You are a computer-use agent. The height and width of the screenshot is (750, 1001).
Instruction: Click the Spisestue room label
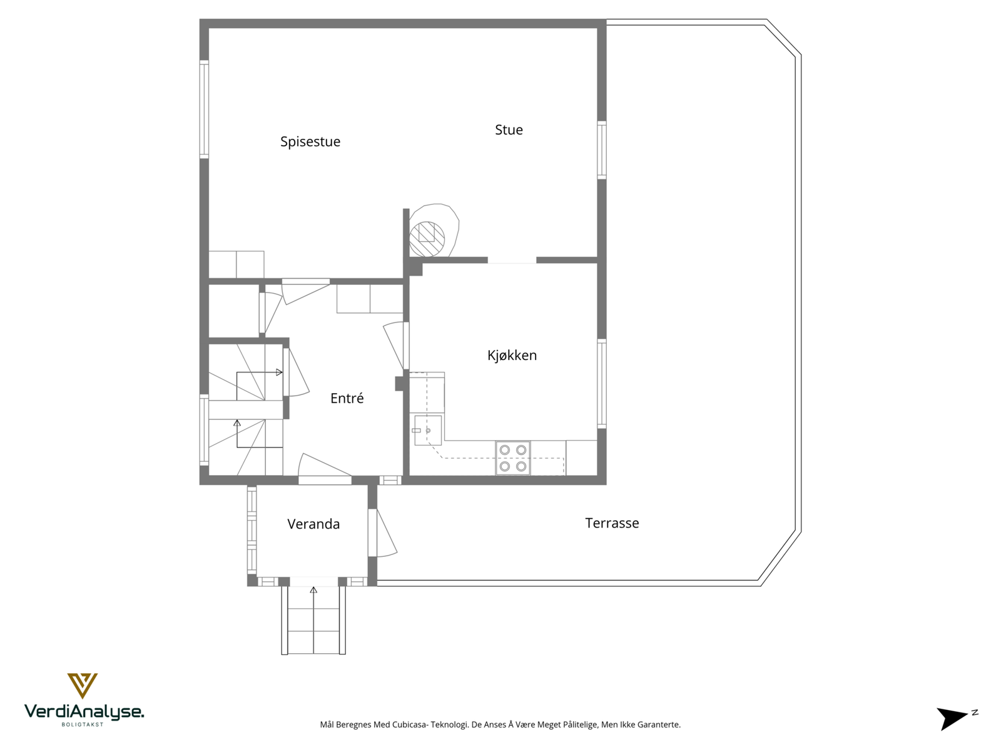310,142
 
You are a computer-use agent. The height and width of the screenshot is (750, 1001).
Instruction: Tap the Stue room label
509,130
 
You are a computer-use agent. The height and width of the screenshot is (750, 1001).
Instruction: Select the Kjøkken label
512,356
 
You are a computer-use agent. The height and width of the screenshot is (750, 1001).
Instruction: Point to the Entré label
347,399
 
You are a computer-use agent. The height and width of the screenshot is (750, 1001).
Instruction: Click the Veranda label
313,524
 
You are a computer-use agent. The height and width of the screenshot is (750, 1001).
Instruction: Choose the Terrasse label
612,523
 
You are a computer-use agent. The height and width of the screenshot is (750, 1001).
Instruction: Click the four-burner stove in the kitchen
513,458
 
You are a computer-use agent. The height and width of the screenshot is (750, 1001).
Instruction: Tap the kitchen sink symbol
428,431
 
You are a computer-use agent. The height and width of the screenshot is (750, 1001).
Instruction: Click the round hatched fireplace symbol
427,239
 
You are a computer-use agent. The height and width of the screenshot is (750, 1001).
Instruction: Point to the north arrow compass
953,717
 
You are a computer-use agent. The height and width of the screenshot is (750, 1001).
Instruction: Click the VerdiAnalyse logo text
84,712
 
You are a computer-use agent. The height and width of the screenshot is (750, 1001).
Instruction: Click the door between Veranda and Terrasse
382,532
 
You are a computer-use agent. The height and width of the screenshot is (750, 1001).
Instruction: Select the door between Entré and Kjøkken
396,346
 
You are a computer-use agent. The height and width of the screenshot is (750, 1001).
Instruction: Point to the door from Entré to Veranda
324,469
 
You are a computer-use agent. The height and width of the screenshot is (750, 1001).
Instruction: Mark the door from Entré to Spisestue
305,291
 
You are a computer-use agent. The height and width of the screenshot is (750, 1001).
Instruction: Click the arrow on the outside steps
313,590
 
